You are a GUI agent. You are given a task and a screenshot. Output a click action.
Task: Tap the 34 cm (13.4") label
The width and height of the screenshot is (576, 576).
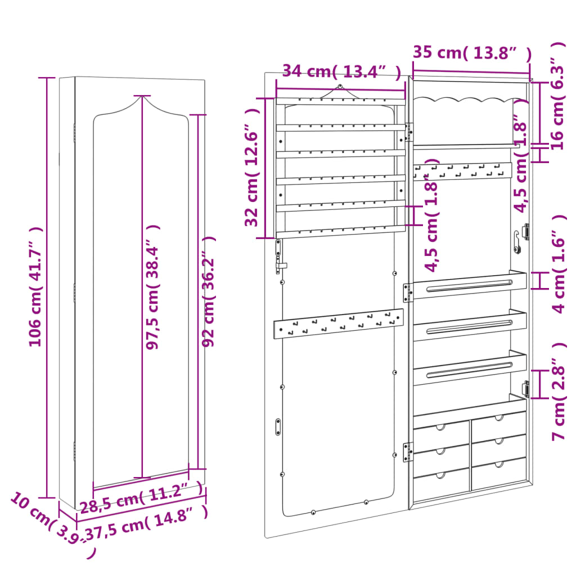[x=341, y=71]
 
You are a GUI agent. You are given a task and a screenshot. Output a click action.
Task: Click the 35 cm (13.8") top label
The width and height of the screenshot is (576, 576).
[x=471, y=53]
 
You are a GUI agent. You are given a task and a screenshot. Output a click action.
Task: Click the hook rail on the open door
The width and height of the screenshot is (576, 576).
[x=339, y=325]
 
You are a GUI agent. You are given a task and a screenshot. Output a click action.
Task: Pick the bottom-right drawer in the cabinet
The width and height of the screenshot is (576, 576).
[x=498, y=474]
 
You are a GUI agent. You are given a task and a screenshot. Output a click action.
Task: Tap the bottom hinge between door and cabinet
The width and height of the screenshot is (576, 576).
[x=407, y=451]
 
